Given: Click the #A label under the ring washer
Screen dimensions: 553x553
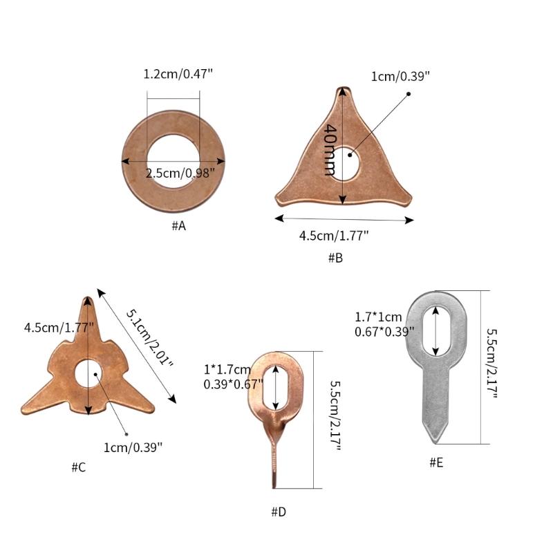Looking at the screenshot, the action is [x=179, y=226].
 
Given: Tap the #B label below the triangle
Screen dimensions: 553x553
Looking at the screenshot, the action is [x=335, y=258].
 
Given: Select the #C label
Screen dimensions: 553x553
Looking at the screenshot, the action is [x=79, y=467].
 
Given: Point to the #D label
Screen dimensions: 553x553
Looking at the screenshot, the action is [x=279, y=512].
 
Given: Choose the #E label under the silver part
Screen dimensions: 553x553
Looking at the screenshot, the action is [x=436, y=462].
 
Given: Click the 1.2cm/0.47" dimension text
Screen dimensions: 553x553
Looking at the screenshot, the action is [x=178, y=74].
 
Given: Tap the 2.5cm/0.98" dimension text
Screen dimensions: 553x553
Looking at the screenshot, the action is [x=180, y=174].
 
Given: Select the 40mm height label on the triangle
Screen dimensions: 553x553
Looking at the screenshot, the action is [x=330, y=149].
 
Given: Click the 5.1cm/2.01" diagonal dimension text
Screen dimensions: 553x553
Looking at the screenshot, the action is [x=149, y=338].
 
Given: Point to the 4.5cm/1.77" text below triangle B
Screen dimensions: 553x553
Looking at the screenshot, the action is [x=334, y=235].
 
